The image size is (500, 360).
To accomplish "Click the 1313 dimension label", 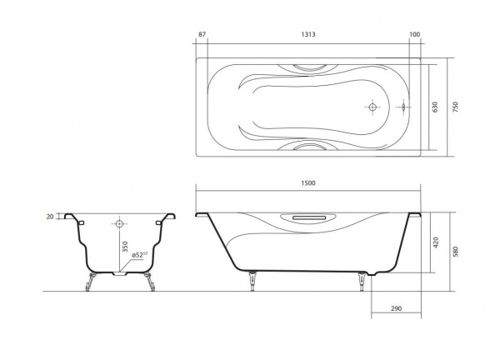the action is coord(308,34).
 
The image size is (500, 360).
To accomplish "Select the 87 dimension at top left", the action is coord(202,34).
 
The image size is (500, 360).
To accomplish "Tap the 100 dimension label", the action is coord(414,34).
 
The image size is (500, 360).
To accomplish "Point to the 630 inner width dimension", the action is coord(435,107).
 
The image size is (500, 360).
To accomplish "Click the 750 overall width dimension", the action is coord(455,107).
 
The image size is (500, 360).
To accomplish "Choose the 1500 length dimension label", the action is coord(308,183).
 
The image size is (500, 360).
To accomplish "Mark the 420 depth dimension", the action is coord(436,242).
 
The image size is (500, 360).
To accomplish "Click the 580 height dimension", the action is coord(455,252).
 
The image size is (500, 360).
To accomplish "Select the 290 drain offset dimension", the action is coord(396,308).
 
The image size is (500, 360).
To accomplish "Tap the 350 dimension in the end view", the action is coord(125,247).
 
